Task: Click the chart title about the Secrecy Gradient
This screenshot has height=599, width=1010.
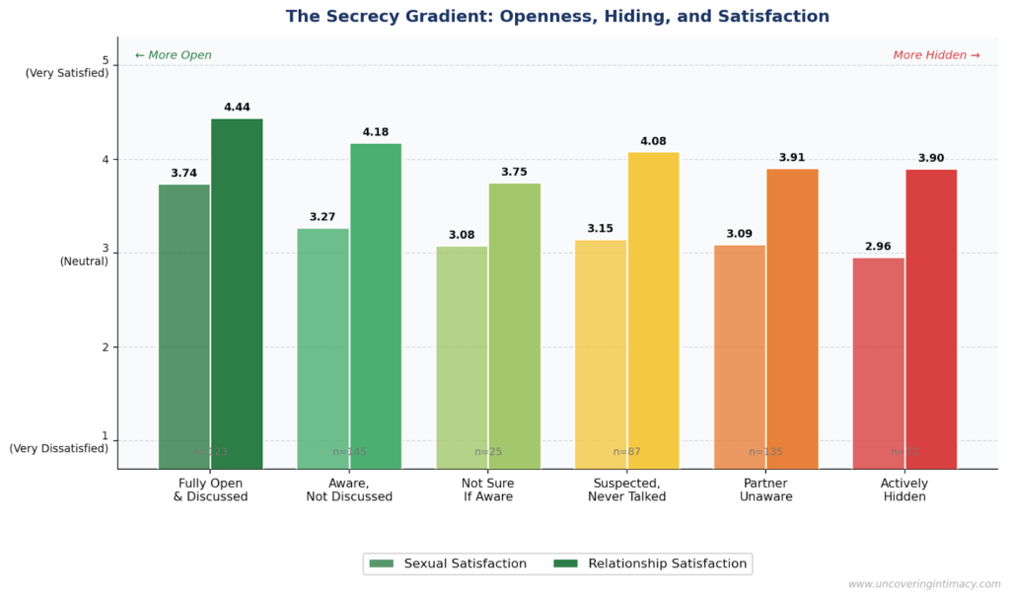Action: [x=557, y=17]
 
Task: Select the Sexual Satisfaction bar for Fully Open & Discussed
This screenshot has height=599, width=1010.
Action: [x=184, y=326]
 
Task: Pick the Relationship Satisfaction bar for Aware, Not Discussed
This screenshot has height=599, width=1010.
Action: [x=376, y=306]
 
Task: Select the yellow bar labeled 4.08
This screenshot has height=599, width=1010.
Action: [x=653, y=310]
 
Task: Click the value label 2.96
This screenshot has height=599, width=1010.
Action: [x=878, y=247]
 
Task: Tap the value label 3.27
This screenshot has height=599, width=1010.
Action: [x=323, y=217]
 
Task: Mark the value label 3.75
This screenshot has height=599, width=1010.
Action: [x=514, y=172]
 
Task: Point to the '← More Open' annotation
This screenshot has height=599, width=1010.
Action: [x=174, y=55]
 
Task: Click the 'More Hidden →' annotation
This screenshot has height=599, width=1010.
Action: [x=936, y=55]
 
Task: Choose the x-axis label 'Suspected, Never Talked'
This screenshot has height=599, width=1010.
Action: [x=626, y=489]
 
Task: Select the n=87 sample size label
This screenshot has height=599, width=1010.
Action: [x=626, y=452]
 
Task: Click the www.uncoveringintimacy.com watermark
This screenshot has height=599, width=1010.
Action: [x=923, y=584]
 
